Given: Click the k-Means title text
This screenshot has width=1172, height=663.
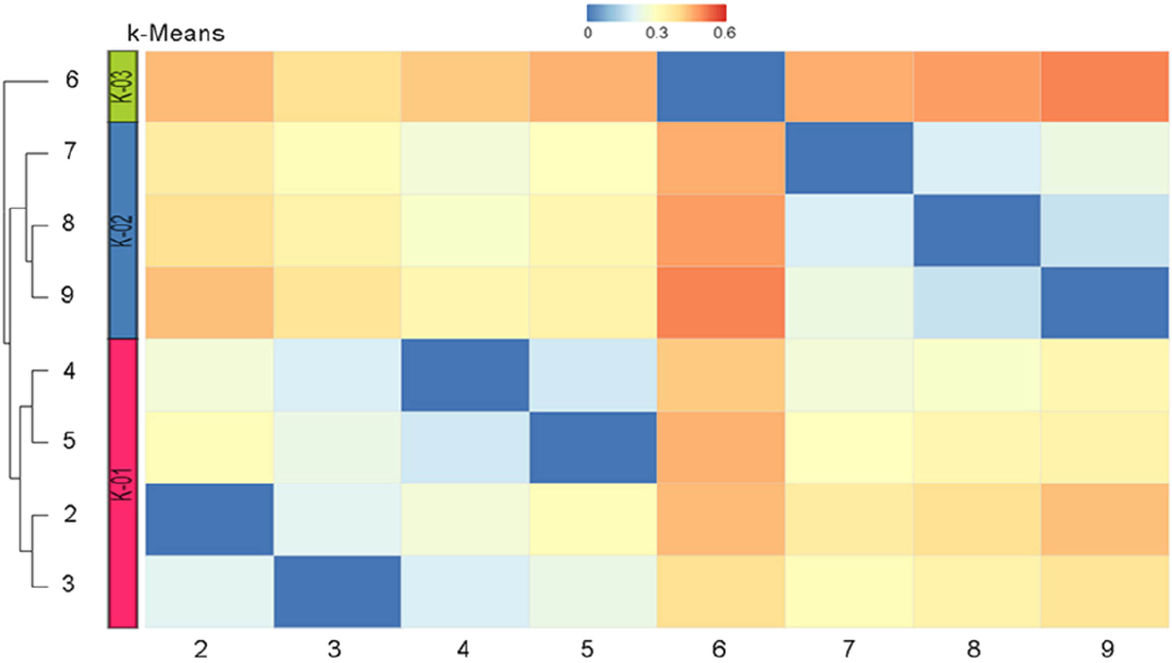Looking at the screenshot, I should (x=176, y=34).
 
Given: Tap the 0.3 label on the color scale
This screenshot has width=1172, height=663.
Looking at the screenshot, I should (x=656, y=33).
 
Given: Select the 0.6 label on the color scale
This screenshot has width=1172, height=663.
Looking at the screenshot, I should (x=724, y=33).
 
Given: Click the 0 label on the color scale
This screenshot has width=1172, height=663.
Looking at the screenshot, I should (x=588, y=33).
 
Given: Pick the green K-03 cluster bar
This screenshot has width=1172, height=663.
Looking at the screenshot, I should (x=123, y=87).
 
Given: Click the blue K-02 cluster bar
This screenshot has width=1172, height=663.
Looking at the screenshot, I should (x=123, y=230).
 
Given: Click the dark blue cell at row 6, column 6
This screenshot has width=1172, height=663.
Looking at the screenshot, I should (x=721, y=87).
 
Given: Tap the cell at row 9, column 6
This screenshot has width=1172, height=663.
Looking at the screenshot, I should (x=721, y=302).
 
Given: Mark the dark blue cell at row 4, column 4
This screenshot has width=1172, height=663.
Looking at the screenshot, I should (x=465, y=375).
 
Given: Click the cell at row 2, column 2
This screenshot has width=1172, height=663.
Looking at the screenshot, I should (x=209, y=519).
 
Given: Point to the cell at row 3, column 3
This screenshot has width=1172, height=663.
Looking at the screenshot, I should (x=337, y=591).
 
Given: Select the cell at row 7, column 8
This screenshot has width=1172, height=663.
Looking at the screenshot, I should (x=977, y=158).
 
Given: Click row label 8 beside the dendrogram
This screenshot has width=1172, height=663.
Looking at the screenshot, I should (x=68, y=223).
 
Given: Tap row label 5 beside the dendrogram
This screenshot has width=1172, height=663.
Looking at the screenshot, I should (x=69, y=441).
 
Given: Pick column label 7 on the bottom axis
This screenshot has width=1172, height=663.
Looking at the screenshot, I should (x=848, y=649).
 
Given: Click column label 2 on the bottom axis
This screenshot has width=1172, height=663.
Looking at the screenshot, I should (x=201, y=649).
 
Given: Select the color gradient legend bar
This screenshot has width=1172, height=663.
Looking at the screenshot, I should (x=656, y=13).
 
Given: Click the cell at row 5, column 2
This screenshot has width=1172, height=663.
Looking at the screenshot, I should (x=209, y=447).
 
